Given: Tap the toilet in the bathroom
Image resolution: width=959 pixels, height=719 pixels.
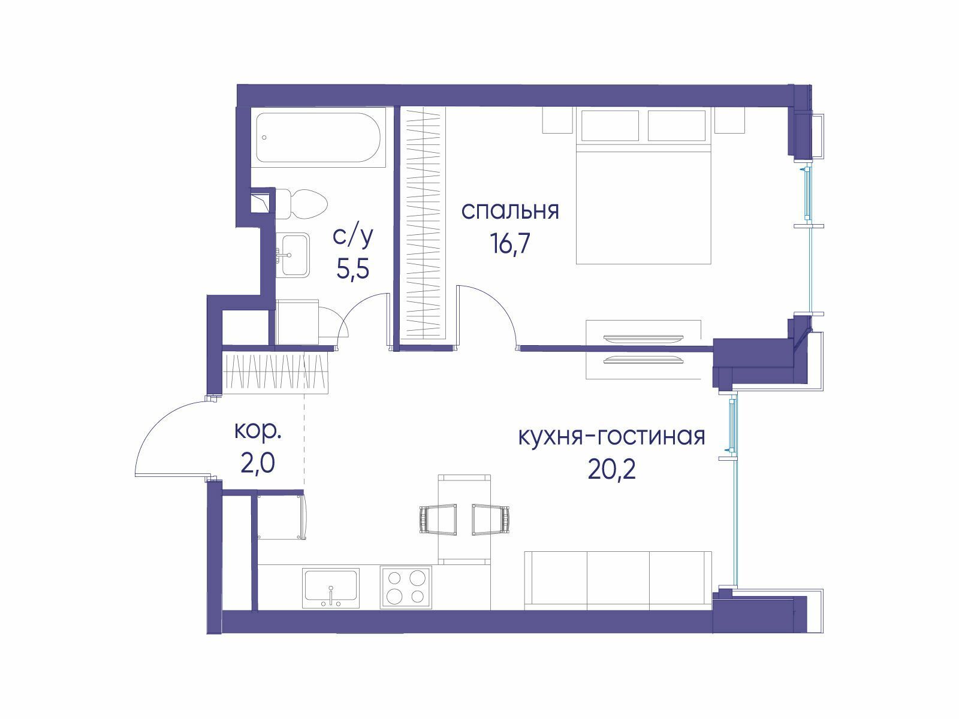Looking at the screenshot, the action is click(x=301, y=204).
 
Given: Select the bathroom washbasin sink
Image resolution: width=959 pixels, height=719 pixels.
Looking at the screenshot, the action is click(x=295, y=255).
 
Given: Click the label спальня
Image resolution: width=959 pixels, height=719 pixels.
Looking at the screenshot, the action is click(x=510, y=211).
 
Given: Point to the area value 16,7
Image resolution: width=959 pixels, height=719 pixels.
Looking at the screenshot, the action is click(x=510, y=243).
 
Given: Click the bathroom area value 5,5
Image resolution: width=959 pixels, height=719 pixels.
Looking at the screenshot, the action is click(x=352, y=268).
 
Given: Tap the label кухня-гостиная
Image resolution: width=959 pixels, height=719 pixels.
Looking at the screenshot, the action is click(x=611, y=436).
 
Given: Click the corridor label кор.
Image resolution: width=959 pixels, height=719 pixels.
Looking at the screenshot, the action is click(x=258, y=431).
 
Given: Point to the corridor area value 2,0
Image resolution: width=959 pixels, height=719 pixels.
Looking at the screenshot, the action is click(x=258, y=464).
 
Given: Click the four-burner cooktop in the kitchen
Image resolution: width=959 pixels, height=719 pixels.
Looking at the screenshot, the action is click(x=406, y=587).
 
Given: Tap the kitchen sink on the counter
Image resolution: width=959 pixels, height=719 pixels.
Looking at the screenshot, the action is click(x=331, y=588).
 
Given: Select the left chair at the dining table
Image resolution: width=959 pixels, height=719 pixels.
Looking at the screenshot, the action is click(x=438, y=519).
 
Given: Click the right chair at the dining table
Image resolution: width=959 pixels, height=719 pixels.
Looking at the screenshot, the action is click(x=491, y=519).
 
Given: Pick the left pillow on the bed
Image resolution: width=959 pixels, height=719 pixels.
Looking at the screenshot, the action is click(x=610, y=125).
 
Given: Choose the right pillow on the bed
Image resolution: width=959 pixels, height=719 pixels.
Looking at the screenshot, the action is click(x=677, y=125).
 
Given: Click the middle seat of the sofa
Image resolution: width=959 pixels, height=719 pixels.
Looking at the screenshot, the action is click(x=618, y=581).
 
